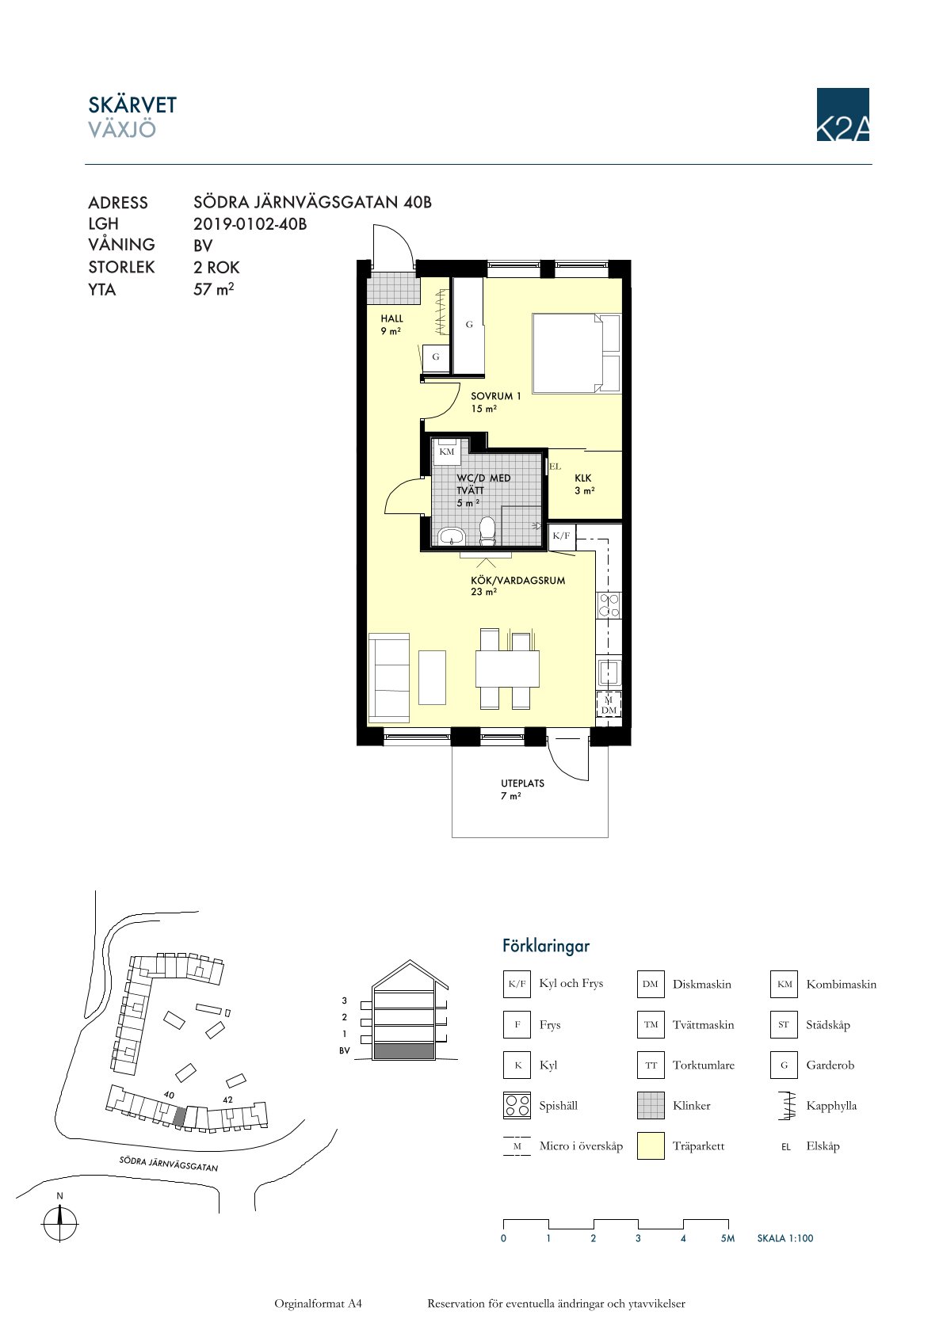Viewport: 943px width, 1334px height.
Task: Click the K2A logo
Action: click(x=842, y=114)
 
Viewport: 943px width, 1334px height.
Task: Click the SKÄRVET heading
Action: click(x=132, y=105)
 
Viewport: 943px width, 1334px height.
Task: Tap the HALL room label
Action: click(x=392, y=318)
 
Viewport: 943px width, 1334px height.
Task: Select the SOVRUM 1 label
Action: click(x=495, y=396)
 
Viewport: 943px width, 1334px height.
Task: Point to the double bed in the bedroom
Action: click(x=577, y=353)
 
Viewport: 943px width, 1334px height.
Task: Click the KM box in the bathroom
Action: click(x=446, y=452)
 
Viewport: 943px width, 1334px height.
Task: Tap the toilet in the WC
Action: click(x=487, y=532)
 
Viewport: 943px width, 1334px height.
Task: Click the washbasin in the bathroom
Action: click(x=452, y=537)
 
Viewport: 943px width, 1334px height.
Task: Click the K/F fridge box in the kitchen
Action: click(x=561, y=536)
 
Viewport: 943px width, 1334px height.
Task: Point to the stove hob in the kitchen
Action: click(x=609, y=604)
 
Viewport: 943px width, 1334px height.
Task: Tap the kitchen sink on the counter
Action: click(x=609, y=673)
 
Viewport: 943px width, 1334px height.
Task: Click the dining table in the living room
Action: click(x=507, y=669)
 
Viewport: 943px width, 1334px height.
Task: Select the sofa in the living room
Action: click(x=389, y=678)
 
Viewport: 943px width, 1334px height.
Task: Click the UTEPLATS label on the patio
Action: click(x=522, y=783)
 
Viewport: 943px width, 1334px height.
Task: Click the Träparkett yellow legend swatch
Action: click(x=651, y=1146)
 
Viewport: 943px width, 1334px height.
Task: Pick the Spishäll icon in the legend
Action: click(x=517, y=1106)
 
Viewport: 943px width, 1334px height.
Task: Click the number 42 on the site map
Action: click(x=227, y=1100)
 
